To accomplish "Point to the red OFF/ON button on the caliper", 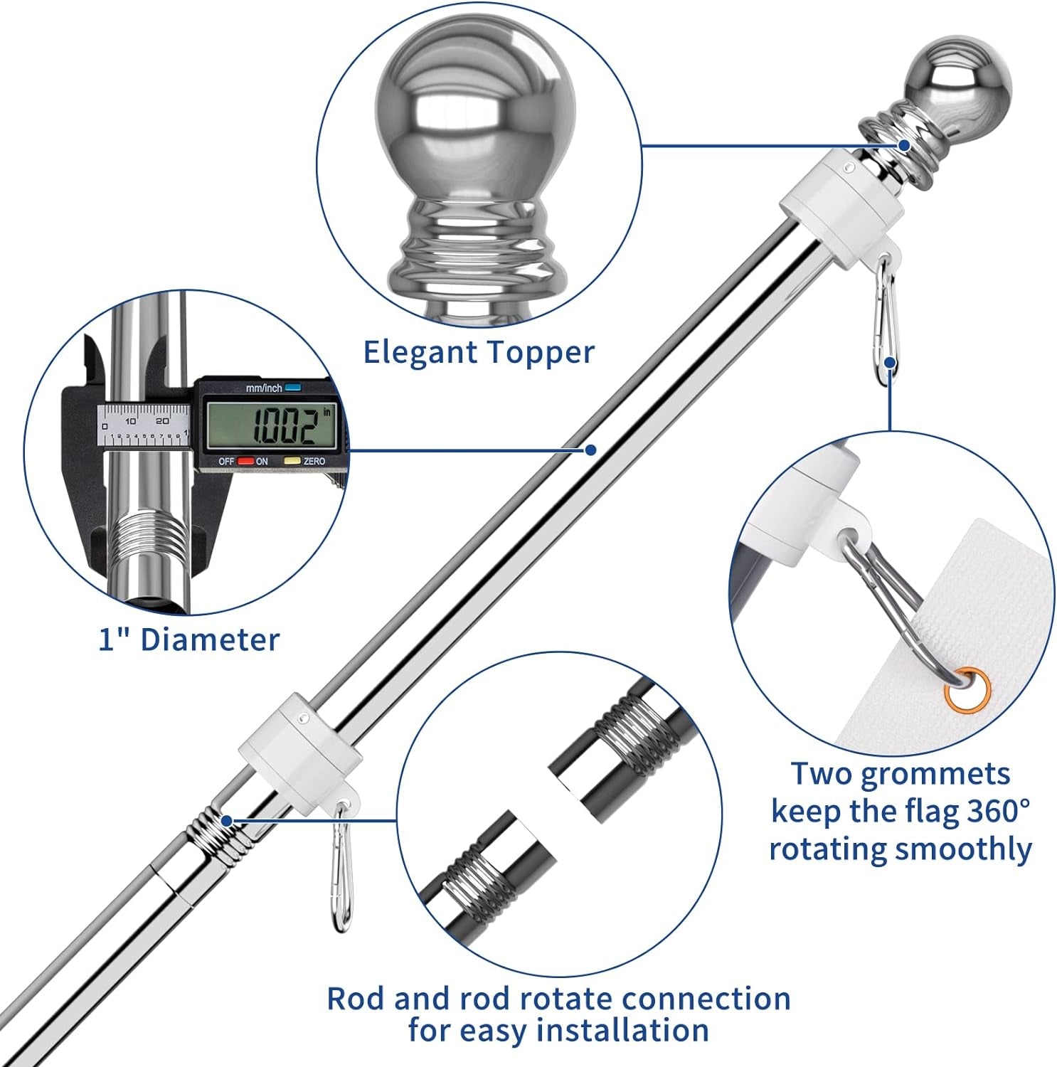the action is point(245,461).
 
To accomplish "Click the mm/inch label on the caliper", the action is point(264,388).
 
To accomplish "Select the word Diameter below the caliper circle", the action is point(210,639).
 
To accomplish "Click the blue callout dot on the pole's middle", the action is point(590,450).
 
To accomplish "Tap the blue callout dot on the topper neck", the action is point(904,145).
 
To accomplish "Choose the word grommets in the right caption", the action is point(935,773).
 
